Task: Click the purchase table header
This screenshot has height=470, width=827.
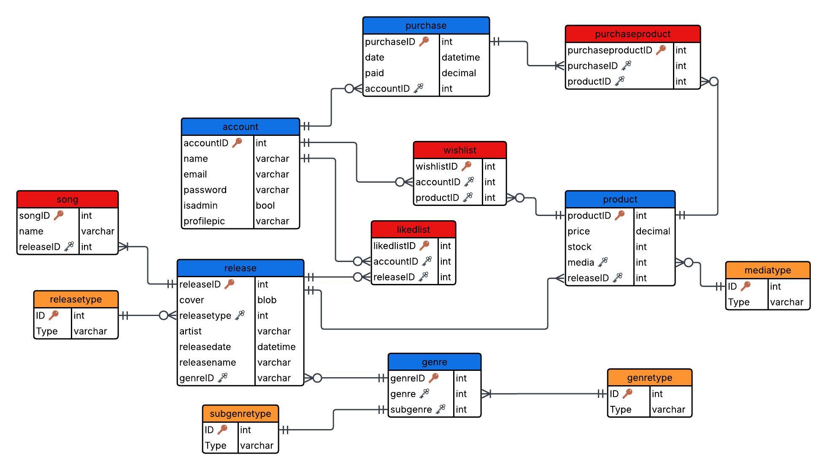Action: pyautogui.click(x=426, y=26)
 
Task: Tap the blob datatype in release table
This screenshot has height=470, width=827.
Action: pyautogui.click(x=267, y=300)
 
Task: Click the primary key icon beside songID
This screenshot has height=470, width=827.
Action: pyautogui.click(x=59, y=216)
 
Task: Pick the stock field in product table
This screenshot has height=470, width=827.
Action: pyautogui.click(x=579, y=247)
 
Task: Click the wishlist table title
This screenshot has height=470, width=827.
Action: pyautogui.click(x=459, y=150)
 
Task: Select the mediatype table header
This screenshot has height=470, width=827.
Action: pyautogui.click(x=767, y=270)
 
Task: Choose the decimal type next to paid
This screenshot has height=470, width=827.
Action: pyautogui.click(x=459, y=73)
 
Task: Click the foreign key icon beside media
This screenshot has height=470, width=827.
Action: pyautogui.click(x=603, y=262)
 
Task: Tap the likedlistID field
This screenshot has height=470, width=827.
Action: pyautogui.click(x=394, y=246)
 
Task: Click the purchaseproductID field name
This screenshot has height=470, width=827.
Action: pyautogui.click(x=609, y=51)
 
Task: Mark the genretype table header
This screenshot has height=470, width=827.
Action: pyautogui.click(x=649, y=378)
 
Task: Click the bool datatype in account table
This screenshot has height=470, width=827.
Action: pyautogui.click(x=265, y=205)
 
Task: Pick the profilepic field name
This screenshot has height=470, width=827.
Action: pyautogui.click(x=204, y=221)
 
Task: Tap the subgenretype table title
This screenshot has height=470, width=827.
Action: pyautogui.click(x=240, y=414)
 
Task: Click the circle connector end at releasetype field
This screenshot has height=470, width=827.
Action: pyautogui.click(x=164, y=316)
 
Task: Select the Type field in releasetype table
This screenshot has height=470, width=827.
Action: pyautogui.click(x=46, y=331)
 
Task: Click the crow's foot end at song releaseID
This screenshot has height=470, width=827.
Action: pyautogui.click(x=123, y=247)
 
